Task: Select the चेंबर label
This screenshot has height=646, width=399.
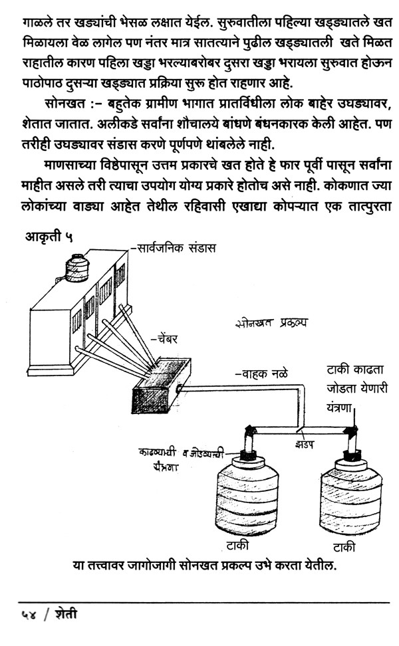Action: coord(164,340)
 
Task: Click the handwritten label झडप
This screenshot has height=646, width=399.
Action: coord(305,445)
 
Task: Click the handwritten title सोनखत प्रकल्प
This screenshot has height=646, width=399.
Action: coord(271,323)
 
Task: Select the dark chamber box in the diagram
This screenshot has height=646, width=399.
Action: coord(161,385)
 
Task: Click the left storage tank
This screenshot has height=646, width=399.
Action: coord(247,494)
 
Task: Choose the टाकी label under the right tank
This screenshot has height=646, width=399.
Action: coord(344,547)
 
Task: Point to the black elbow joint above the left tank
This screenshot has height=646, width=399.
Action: coord(250,431)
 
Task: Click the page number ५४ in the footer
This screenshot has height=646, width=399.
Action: coord(29,615)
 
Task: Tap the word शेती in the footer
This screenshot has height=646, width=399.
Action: coord(66,614)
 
